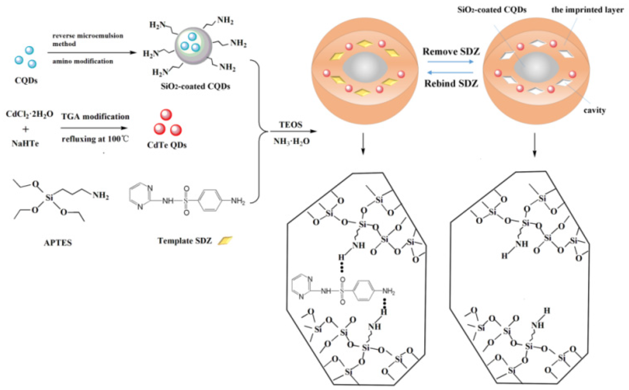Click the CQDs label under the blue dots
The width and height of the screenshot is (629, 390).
point(26,81)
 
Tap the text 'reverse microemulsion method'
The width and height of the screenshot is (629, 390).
point(88,40)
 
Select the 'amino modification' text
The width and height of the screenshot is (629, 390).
point(83,61)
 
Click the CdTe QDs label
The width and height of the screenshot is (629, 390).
point(167,145)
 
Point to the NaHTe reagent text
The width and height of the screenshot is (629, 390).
point(25,143)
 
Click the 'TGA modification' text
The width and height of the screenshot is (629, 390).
point(95,116)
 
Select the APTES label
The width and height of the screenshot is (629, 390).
point(58,243)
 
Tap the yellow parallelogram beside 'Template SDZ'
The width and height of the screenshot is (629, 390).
point(225,240)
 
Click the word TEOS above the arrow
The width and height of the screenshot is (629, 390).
point(290,125)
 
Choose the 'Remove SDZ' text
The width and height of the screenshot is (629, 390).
point(451,52)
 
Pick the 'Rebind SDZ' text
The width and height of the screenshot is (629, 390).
point(451,83)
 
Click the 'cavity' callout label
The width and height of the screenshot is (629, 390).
point(594,110)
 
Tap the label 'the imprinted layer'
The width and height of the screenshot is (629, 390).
point(587,10)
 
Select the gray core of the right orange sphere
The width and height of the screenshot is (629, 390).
point(536,67)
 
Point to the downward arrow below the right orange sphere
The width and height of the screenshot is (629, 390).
point(535,145)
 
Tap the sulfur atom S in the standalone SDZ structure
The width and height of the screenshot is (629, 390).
point(186,201)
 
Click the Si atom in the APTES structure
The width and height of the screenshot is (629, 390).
point(49,198)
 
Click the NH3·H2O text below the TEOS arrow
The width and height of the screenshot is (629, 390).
point(291,141)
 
